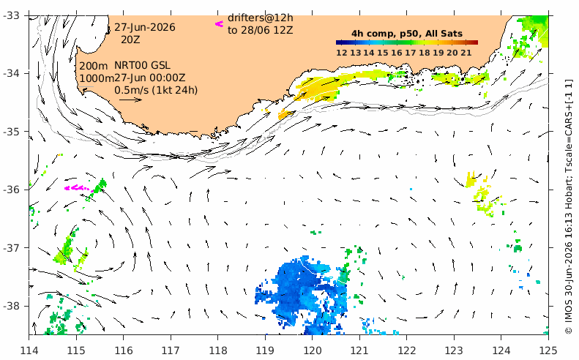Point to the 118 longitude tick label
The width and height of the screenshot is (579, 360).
point(217,350)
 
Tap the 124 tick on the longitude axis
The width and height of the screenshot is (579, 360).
point(501,350)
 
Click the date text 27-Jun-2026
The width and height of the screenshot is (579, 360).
point(145,28)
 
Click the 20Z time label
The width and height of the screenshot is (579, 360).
point(130,40)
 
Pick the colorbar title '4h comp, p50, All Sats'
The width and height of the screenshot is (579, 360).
point(407,34)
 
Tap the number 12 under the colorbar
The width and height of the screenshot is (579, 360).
point(342,53)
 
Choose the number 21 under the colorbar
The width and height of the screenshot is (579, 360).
point(466,53)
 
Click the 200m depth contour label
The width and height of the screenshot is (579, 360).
point(94,66)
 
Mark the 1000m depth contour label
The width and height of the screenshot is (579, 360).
point(97,78)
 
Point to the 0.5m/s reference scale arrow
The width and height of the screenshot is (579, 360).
point(130,100)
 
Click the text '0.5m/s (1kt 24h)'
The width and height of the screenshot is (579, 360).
point(156,90)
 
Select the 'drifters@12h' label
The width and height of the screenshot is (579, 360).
point(261,18)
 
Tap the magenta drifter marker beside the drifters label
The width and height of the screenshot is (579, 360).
point(220,24)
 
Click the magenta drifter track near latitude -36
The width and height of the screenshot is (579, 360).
point(77,188)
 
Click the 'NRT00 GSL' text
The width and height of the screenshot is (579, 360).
point(142,66)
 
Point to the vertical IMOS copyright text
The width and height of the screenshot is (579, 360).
point(569,207)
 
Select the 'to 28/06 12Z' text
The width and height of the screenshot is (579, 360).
point(261,30)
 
